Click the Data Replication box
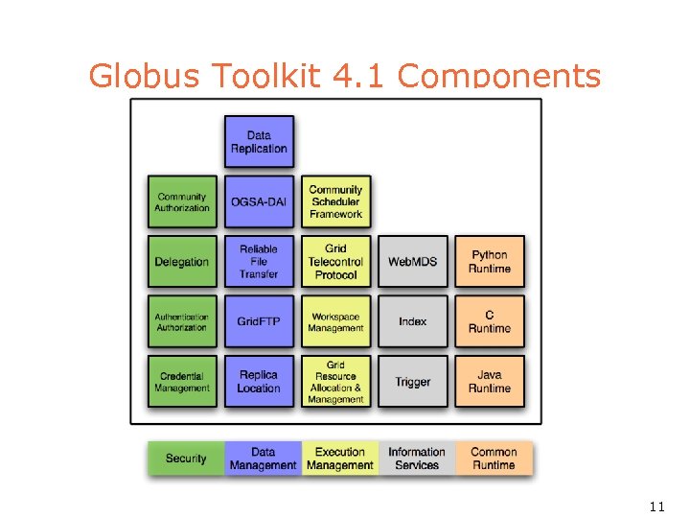click(x=259, y=142)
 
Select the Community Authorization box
click(x=182, y=201)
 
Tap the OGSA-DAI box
click(x=259, y=201)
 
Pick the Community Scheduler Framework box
click(x=335, y=201)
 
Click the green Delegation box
click(x=182, y=262)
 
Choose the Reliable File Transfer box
click(x=259, y=262)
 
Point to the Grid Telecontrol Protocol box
click(x=335, y=262)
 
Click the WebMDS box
click(x=412, y=262)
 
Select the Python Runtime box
click(x=490, y=262)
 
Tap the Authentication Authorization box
click(x=182, y=321)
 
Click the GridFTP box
click(x=259, y=321)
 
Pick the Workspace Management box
click(x=335, y=321)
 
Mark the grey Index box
click(x=412, y=321)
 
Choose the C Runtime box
click(x=490, y=321)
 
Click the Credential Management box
click(x=182, y=382)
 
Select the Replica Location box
click(x=259, y=382)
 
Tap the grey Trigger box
click(x=412, y=382)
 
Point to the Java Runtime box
click(x=490, y=382)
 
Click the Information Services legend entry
click(x=417, y=459)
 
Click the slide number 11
click(x=656, y=506)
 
